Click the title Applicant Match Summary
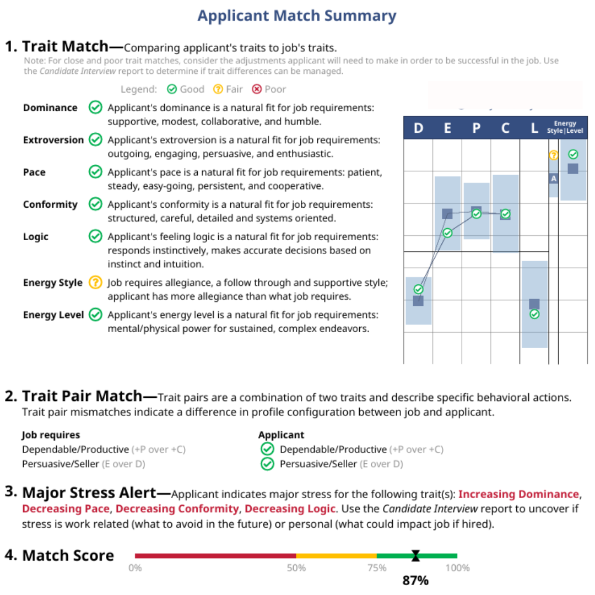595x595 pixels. click(297, 15)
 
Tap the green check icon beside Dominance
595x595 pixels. click(95, 107)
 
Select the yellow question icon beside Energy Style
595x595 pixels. click(95, 283)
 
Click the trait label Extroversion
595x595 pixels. click(53, 140)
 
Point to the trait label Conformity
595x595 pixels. click(50, 204)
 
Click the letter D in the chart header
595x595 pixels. click(418, 129)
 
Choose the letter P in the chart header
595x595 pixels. click(477, 129)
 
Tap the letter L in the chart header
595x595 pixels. click(534, 129)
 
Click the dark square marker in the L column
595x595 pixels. click(534, 304)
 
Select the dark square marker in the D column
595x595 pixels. click(418, 300)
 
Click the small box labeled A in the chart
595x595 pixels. click(554, 178)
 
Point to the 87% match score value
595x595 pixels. click(415, 580)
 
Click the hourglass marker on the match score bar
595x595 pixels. click(415, 556)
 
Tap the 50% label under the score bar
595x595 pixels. click(296, 568)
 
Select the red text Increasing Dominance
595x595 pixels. click(518, 494)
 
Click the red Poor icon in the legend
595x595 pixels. click(257, 89)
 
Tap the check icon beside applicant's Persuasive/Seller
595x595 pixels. click(267, 464)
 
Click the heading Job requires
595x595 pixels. click(51, 435)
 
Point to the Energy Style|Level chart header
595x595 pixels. click(568, 127)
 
